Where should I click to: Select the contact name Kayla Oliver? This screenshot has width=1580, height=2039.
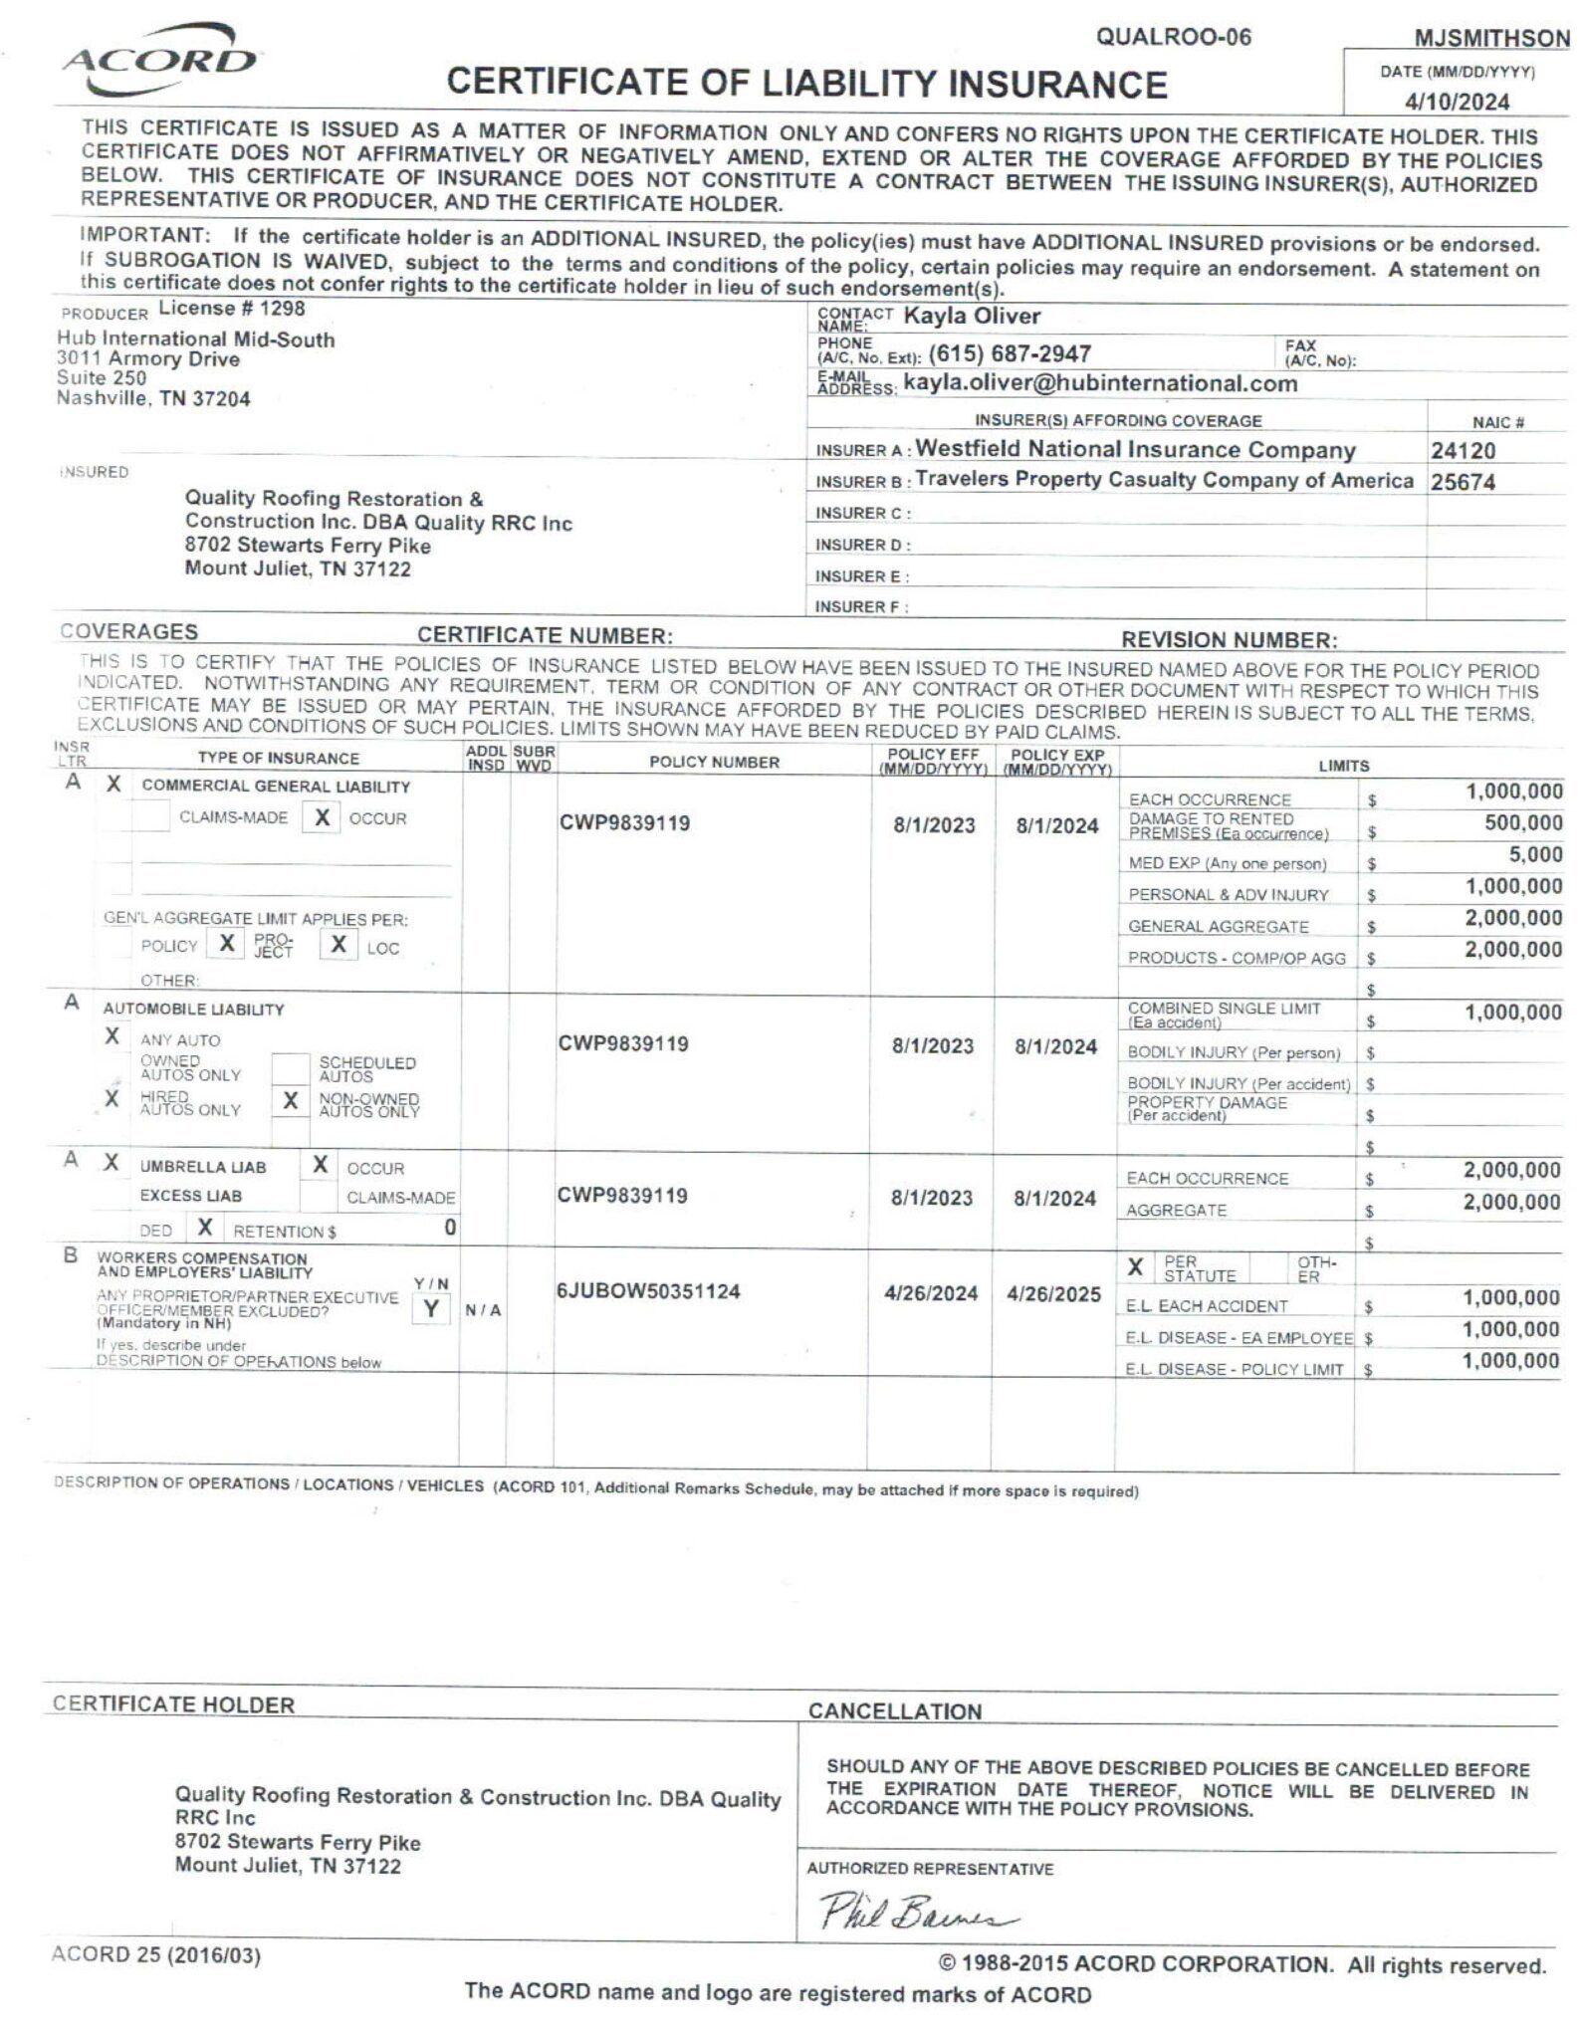pos(971,317)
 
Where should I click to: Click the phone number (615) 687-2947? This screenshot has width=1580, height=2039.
pos(1010,353)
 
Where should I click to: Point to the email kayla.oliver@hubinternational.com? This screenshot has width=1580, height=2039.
pos(1100,383)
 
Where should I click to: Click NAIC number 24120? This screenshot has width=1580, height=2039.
pos(1463,451)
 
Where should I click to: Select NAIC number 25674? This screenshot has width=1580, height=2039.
pos(1463,482)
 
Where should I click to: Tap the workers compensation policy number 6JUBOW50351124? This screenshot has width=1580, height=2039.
pos(648,1291)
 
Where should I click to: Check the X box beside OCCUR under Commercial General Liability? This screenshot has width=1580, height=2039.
pos(322,817)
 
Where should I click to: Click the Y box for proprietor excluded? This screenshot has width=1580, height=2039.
pos(431,1309)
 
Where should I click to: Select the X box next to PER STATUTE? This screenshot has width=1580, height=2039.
pos(1134,1267)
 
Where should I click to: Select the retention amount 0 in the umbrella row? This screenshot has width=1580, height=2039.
pos(450,1228)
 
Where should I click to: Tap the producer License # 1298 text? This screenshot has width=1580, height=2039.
pos(232,309)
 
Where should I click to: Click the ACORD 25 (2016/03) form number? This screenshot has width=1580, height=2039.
pos(156,1955)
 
